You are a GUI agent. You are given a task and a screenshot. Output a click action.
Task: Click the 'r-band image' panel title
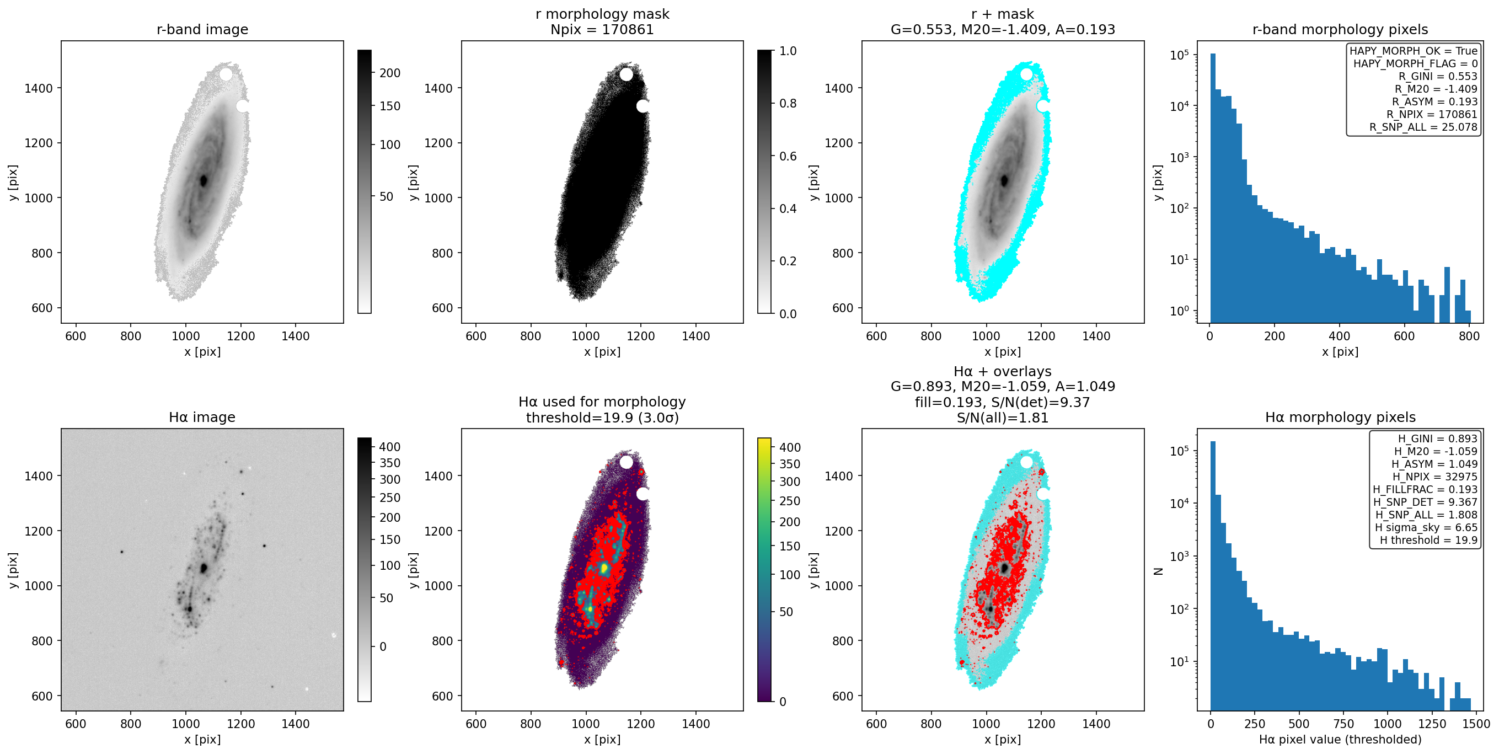click(202, 29)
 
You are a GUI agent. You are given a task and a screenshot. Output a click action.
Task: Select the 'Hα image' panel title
click(202, 417)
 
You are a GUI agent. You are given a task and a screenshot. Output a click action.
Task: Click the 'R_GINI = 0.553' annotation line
click(1438, 76)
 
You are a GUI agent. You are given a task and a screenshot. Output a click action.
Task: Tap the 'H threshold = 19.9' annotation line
click(1428, 540)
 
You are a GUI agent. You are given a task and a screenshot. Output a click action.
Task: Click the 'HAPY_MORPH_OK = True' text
click(1414, 51)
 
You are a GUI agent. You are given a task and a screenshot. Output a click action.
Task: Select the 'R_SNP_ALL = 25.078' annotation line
click(1423, 127)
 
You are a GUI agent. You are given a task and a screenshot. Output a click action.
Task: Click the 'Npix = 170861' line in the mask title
click(602, 29)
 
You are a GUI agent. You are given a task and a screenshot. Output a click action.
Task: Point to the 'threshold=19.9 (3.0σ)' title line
click(602, 417)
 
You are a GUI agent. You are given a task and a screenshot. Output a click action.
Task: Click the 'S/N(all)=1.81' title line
click(1003, 417)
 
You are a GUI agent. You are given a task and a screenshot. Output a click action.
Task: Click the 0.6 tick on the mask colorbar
click(784, 156)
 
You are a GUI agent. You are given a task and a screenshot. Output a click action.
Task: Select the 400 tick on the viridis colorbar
click(786, 447)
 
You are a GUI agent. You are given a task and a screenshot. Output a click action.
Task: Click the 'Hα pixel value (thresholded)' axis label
click(1340, 740)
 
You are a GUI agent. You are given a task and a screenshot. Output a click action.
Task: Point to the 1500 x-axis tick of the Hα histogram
click(1476, 724)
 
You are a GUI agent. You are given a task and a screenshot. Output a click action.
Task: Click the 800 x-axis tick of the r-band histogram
click(1469, 336)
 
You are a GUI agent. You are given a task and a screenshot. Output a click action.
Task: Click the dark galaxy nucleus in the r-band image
click(204, 181)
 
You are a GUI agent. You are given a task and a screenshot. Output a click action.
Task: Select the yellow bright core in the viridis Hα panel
click(604, 568)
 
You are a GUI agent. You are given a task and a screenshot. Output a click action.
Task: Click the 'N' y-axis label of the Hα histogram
click(1159, 571)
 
